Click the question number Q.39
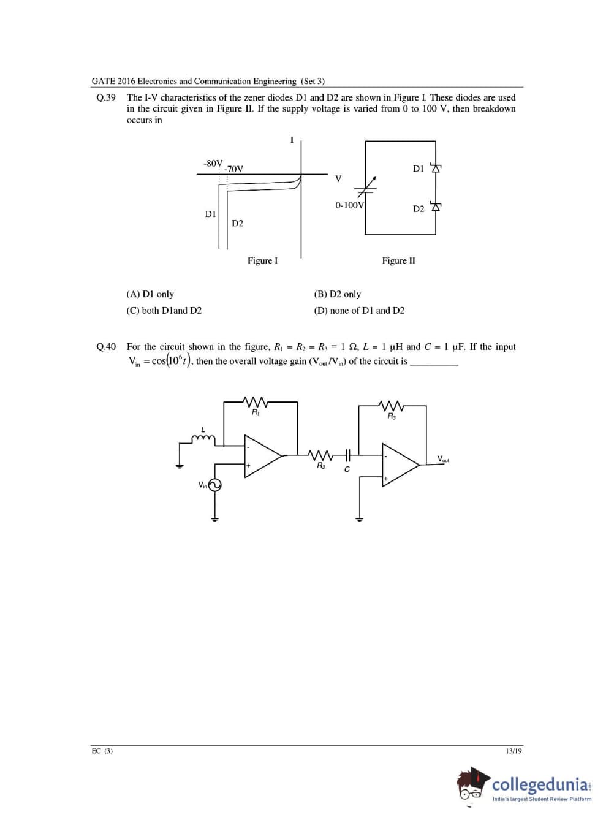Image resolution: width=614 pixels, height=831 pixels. coord(106,97)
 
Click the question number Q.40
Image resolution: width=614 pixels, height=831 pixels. coord(106,347)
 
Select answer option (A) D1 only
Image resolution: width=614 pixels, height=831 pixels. coord(150,294)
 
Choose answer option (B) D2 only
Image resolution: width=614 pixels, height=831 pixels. coord(337,294)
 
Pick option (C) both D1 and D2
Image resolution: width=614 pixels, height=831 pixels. coord(164,311)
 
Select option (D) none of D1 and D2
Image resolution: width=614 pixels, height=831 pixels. coord(359,311)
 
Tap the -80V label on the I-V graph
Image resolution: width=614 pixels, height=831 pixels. coord(213,163)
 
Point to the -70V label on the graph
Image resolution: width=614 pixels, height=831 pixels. coord(233,169)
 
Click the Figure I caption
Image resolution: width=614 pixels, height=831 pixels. coord(262,260)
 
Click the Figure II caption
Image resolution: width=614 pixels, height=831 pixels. coord(398,260)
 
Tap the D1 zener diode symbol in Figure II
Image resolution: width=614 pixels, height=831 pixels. coord(436,168)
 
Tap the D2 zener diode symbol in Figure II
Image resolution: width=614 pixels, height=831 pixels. coord(436,207)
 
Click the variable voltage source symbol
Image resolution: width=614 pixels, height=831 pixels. coord(366,186)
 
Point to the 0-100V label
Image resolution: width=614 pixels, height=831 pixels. coord(349,205)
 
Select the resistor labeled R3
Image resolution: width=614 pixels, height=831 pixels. coord(391,406)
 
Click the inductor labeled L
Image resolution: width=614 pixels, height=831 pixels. coord(203,438)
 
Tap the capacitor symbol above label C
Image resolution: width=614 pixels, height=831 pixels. coord(347,455)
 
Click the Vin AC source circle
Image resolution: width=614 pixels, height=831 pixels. coord(214,485)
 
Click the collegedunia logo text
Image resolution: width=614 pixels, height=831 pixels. coord(541,784)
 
